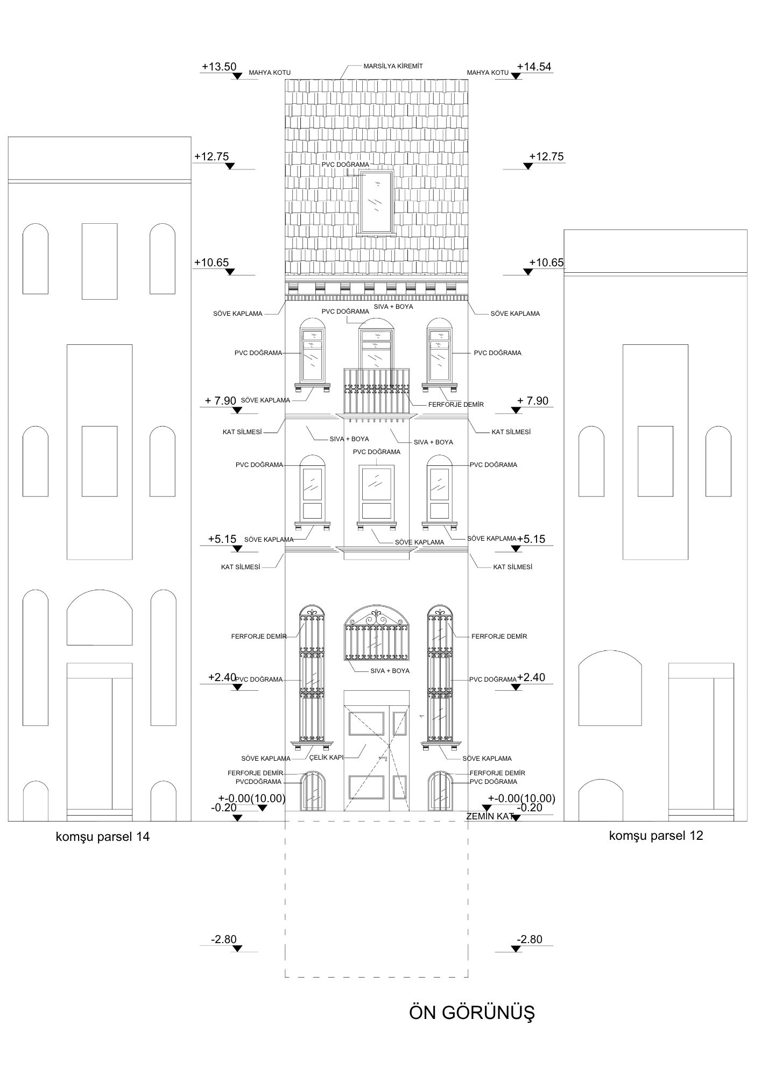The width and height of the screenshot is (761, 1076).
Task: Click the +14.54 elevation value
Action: pyautogui.click(x=534, y=67)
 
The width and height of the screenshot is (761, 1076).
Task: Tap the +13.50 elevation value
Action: pyautogui.click(x=219, y=67)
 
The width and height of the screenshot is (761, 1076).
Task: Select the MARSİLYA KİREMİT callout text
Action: pyautogui.click(x=393, y=66)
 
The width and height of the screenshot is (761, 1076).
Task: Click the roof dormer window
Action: pyautogui.click(x=376, y=201)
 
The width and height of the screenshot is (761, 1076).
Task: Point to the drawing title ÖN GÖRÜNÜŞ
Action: pyautogui.click(x=472, y=1013)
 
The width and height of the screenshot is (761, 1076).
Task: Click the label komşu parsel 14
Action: pyautogui.click(x=103, y=837)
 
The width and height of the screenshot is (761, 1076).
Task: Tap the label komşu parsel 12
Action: pyautogui.click(x=656, y=836)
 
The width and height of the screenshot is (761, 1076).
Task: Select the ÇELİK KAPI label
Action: pyautogui.click(x=326, y=758)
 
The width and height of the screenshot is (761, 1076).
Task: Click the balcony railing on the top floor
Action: pyautogui.click(x=376, y=391)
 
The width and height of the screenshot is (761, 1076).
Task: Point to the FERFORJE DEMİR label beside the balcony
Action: pyautogui.click(x=456, y=404)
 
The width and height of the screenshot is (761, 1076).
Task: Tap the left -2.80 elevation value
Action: pyautogui.click(x=224, y=939)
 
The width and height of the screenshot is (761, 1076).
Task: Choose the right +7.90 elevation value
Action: pyautogui.click(x=532, y=401)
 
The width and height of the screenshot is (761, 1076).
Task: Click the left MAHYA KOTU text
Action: pyautogui.click(x=270, y=73)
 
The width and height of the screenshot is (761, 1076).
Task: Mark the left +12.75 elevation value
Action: pyautogui.click(x=212, y=157)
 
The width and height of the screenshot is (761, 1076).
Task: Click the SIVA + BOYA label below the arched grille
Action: pyautogui.click(x=390, y=671)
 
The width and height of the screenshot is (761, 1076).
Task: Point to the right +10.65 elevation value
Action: pyautogui.click(x=546, y=263)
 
